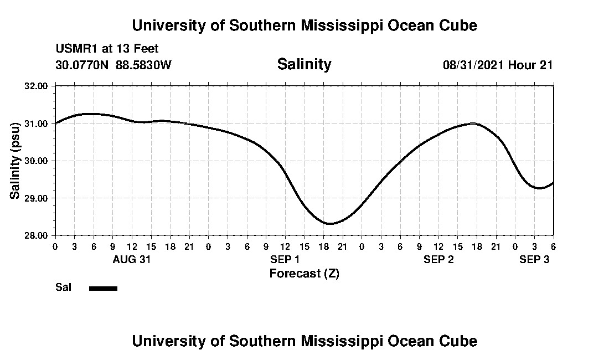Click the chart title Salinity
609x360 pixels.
(304, 64)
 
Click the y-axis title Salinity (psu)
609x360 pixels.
(15, 161)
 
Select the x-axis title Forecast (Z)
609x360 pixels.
(304, 273)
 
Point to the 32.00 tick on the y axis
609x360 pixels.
(37, 86)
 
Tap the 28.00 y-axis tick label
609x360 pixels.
(37, 235)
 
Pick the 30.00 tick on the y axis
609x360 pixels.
(37, 161)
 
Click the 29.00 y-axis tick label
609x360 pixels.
(37, 198)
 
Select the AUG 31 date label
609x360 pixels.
(132, 259)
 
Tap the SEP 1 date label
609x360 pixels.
(285, 259)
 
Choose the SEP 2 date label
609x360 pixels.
(438, 259)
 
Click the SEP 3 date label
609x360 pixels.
(534, 259)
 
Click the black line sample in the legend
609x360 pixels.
(103, 288)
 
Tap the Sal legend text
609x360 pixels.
(62, 287)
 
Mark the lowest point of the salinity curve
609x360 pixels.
(330, 224)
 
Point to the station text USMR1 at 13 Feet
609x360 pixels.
(107, 49)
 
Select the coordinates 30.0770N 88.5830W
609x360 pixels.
(113, 65)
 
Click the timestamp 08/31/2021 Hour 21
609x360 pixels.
(498, 65)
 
